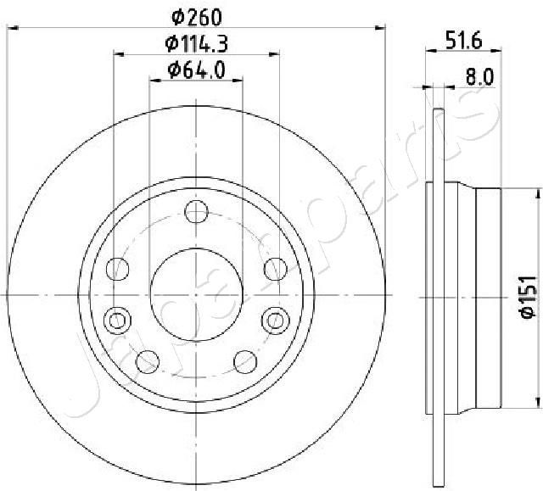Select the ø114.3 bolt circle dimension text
pos(196,43)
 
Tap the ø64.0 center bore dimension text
pos(196,70)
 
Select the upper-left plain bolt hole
pos(118,271)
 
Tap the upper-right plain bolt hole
pos(274,271)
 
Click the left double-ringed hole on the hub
pos(116,320)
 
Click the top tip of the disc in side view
pos(438,113)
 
